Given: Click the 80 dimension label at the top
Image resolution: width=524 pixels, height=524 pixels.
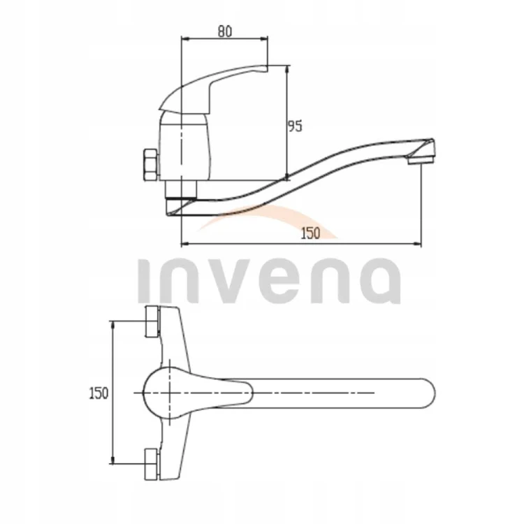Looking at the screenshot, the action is coord(225,31).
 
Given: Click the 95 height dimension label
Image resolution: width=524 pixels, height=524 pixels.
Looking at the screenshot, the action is coord(295,126).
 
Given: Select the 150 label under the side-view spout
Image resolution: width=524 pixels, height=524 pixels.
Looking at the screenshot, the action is coord(310,233).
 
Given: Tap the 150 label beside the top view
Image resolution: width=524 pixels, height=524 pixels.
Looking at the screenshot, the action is coord(99,393).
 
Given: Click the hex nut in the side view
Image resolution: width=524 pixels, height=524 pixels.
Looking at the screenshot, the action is coord(150,165).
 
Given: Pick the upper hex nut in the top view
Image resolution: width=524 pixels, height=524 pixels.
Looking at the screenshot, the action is coord(152,321).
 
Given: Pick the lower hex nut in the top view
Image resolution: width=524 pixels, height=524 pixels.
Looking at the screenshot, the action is coord(152,465).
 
